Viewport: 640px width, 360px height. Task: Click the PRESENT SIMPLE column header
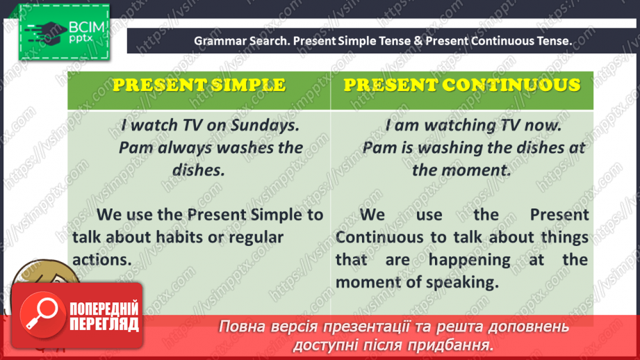click(199, 85)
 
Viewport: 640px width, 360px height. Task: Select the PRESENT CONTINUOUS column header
click(462, 85)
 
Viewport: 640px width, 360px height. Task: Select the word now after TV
click(543, 126)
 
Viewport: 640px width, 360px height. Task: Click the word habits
click(183, 237)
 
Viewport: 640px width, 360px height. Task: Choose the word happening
click(470, 260)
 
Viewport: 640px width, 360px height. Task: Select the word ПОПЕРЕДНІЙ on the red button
click(104, 309)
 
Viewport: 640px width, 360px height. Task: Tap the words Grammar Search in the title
click(240, 41)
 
